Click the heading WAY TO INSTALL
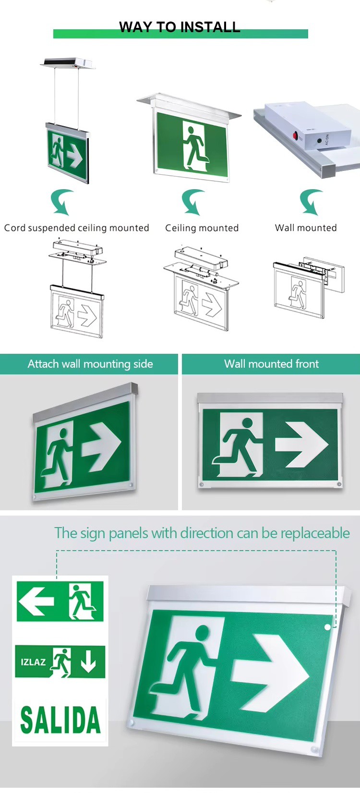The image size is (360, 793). (180, 27)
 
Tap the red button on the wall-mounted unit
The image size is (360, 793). (295, 135)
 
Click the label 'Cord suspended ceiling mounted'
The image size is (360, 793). (77, 228)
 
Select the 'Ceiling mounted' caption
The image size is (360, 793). (202, 228)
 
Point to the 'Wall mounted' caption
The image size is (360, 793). (306, 228)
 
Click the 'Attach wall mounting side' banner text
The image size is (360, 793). (90, 364)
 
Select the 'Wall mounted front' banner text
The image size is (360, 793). (271, 364)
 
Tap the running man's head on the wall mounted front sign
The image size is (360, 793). (247, 423)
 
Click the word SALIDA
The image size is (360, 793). (60, 720)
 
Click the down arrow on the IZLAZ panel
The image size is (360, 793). (88, 662)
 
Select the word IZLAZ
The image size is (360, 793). (33, 662)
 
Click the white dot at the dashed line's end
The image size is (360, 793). (327, 627)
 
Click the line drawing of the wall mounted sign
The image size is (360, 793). (307, 286)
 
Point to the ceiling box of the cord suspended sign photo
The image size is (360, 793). (68, 63)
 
